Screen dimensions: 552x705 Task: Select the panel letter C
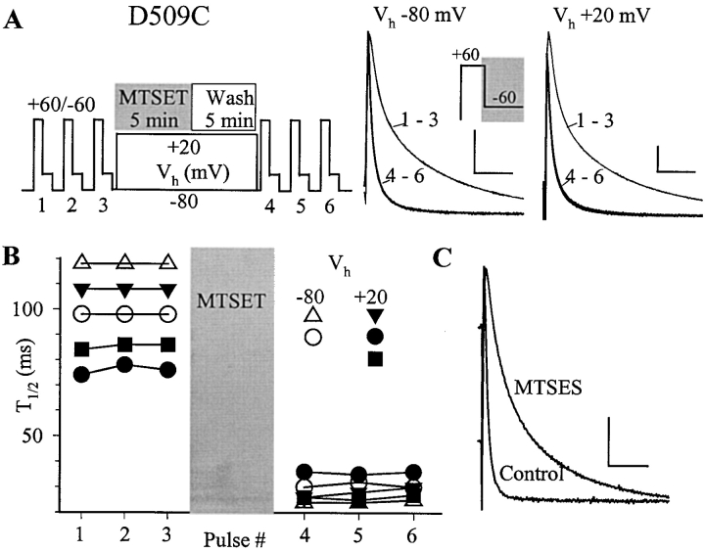click(x=443, y=258)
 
